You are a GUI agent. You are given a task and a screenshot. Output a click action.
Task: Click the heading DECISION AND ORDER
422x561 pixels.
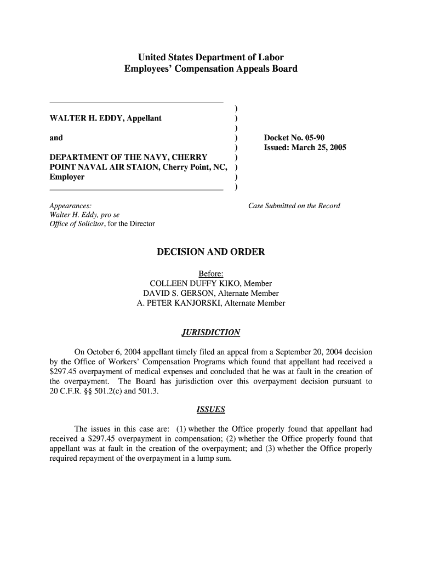tap(210, 252)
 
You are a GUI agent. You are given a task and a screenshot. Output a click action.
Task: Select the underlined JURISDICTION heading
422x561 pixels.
tap(210, 333)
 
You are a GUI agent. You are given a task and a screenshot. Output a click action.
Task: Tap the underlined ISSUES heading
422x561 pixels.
tap(210, 409)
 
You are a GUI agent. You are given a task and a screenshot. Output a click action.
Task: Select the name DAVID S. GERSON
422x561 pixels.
tap(177, 293)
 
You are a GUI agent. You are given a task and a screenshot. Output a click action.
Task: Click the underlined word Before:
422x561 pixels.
tap(210, 273)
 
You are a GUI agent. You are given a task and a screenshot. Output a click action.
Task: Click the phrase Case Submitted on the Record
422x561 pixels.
tap(294, 206)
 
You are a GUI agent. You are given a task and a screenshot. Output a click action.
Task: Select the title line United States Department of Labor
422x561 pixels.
tap(210, 57)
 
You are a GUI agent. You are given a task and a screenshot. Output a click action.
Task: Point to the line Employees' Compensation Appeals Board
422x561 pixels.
tap(210, 69)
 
